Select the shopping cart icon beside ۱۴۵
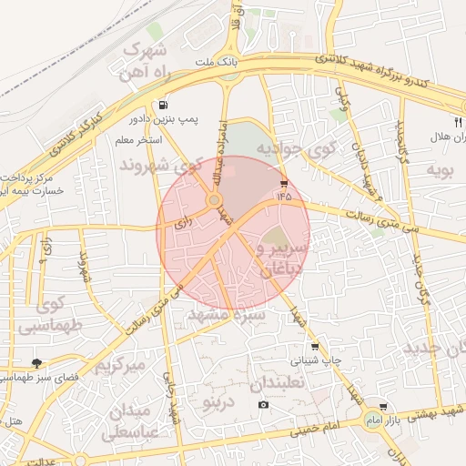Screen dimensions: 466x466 (285, 183)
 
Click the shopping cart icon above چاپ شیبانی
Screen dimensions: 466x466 (315, 347)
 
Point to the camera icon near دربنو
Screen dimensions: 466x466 (263, 404)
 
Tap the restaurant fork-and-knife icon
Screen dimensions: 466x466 (458, 121)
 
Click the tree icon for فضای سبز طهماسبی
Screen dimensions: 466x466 (36, 363)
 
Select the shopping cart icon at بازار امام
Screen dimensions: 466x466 (383, 407)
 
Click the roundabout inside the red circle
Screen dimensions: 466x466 (215, 200)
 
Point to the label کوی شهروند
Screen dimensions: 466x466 (159, 167)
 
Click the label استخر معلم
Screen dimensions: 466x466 (137, 140)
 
